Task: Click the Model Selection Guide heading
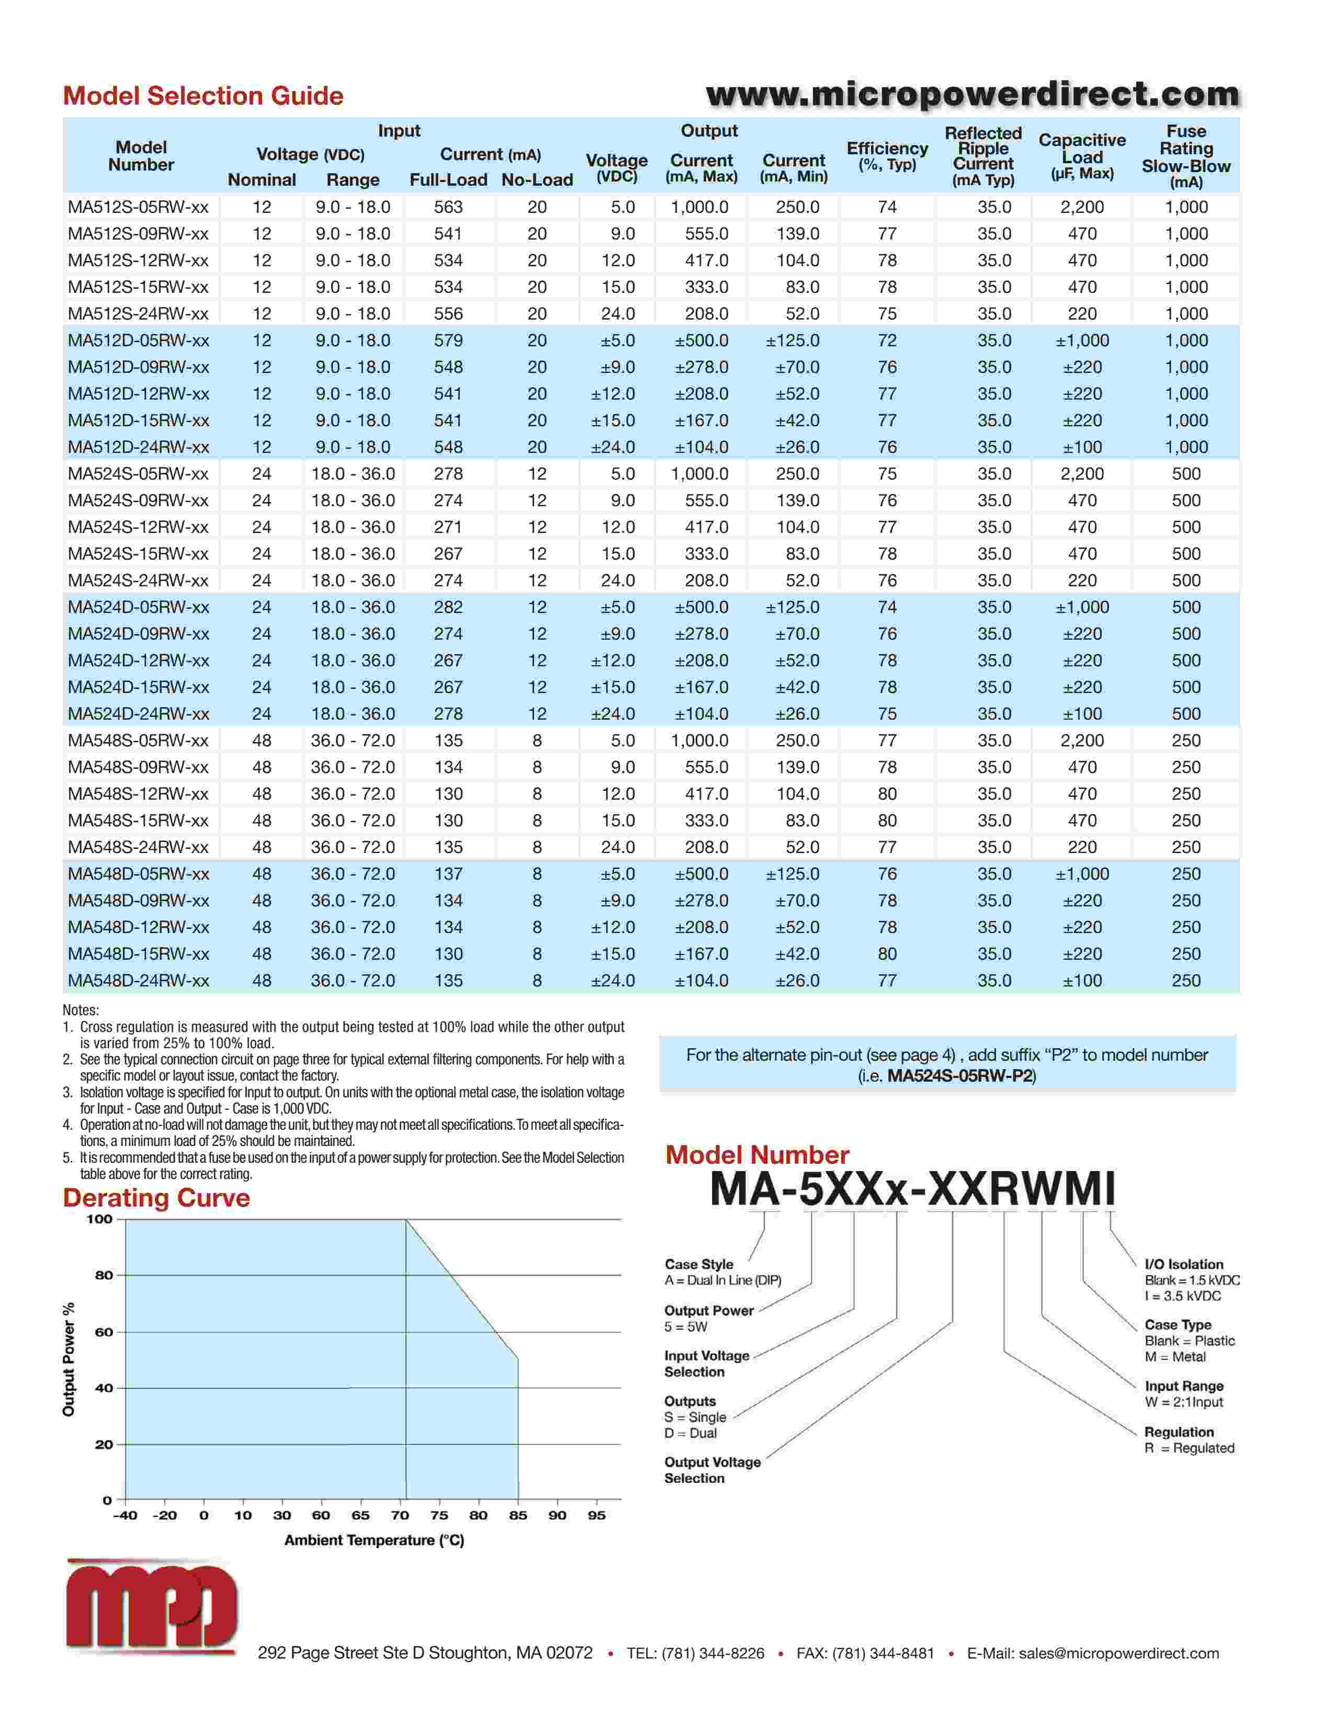203,96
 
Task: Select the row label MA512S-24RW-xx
138,314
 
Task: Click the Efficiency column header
887,156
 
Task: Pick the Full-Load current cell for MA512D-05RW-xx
448,340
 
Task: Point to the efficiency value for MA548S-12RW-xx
887,793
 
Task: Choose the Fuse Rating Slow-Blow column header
1185,156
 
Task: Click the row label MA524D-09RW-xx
138,634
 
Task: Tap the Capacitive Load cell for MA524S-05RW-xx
1082,474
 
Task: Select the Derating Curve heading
156,1197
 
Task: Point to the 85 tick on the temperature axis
517,1515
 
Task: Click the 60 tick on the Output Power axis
104,1332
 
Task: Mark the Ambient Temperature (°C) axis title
374,1539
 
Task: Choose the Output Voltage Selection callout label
712,1470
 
